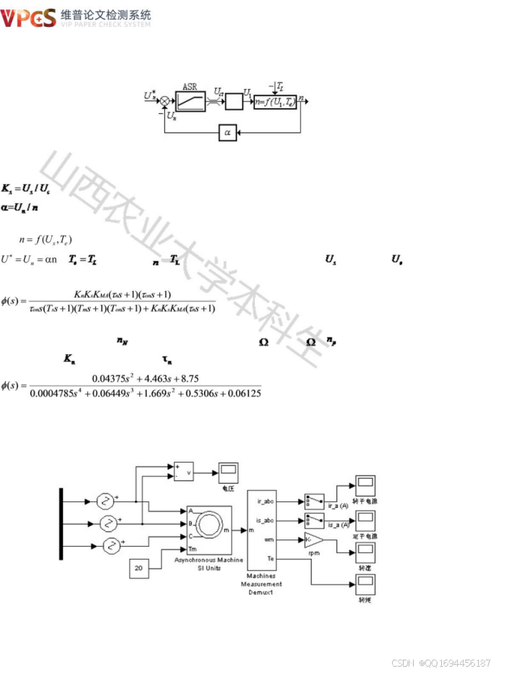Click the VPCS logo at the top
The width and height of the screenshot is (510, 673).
(28, 18)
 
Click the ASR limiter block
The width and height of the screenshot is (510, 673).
(191, 99)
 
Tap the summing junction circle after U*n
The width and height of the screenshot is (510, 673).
(165, 99)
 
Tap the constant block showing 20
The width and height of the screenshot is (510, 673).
(140, 567)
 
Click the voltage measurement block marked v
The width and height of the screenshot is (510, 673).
(184, 472)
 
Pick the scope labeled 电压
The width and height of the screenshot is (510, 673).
(228, 472)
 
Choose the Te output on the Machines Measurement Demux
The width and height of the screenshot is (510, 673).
(270, 558)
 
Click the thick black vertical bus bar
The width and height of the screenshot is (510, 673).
(61, 525)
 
